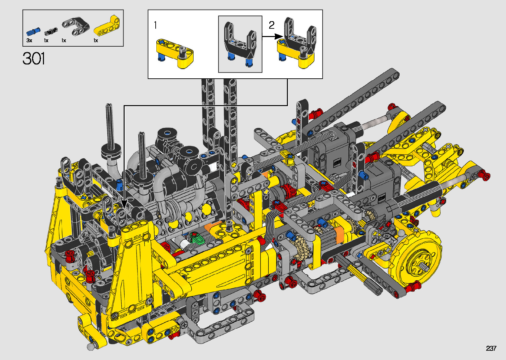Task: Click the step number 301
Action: point(34,59)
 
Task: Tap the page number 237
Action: point(491,348)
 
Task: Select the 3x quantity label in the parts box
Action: point(29,40)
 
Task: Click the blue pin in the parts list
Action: point(33,32)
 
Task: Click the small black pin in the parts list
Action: point(51,31)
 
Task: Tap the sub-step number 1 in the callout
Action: point(155,25)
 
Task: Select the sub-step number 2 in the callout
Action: point(272,25)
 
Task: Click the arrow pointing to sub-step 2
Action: point(272,36)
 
